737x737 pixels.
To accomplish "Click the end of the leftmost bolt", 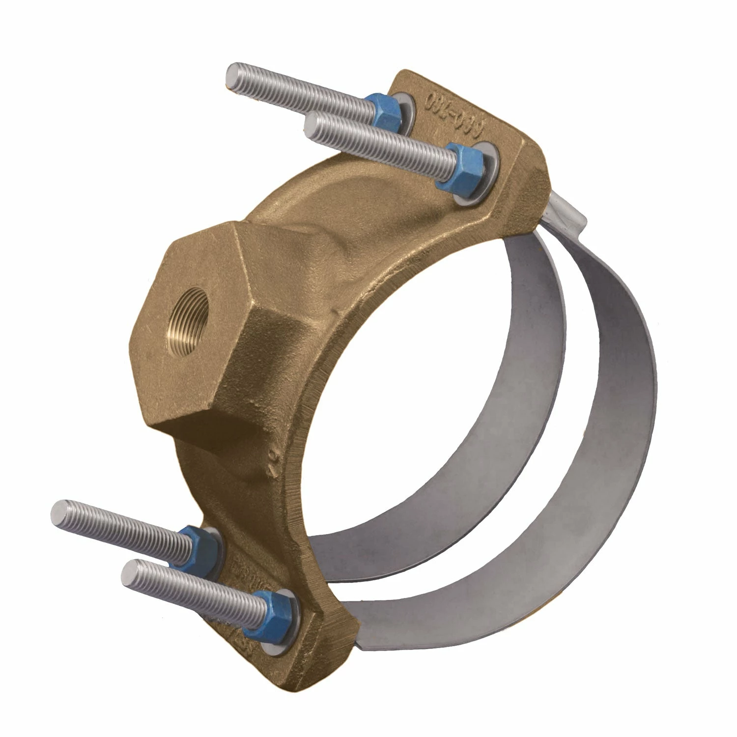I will pyautogui.click(x=60, y=514).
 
